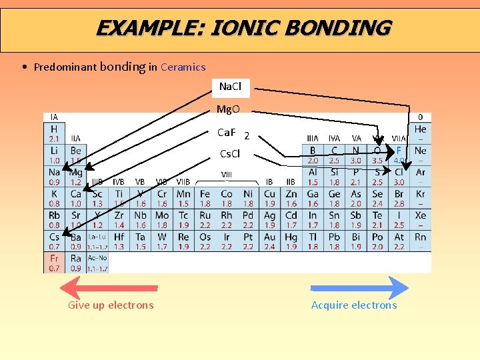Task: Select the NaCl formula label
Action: [230, 87]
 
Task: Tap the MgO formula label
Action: [228, 109]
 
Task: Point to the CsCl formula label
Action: [230, 154]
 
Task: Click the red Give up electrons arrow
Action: [110, 288]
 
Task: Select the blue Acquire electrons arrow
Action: [359, 288]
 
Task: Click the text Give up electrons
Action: [111, 305]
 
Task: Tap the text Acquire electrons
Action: [354, 305]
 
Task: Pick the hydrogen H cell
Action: [54, 133]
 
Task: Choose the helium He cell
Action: [420, 133]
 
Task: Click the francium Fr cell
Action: [54, 263]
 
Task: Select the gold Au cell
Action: [269, 241]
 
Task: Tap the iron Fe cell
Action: [205, 198]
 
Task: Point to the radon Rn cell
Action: [420, 241]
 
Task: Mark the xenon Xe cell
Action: [420, 219]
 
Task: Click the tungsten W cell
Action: [162, 241]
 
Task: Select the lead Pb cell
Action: [334, 241]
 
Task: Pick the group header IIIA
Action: [312, 139]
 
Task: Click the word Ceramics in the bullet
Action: [183, 67]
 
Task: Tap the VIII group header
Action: [227, 175]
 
